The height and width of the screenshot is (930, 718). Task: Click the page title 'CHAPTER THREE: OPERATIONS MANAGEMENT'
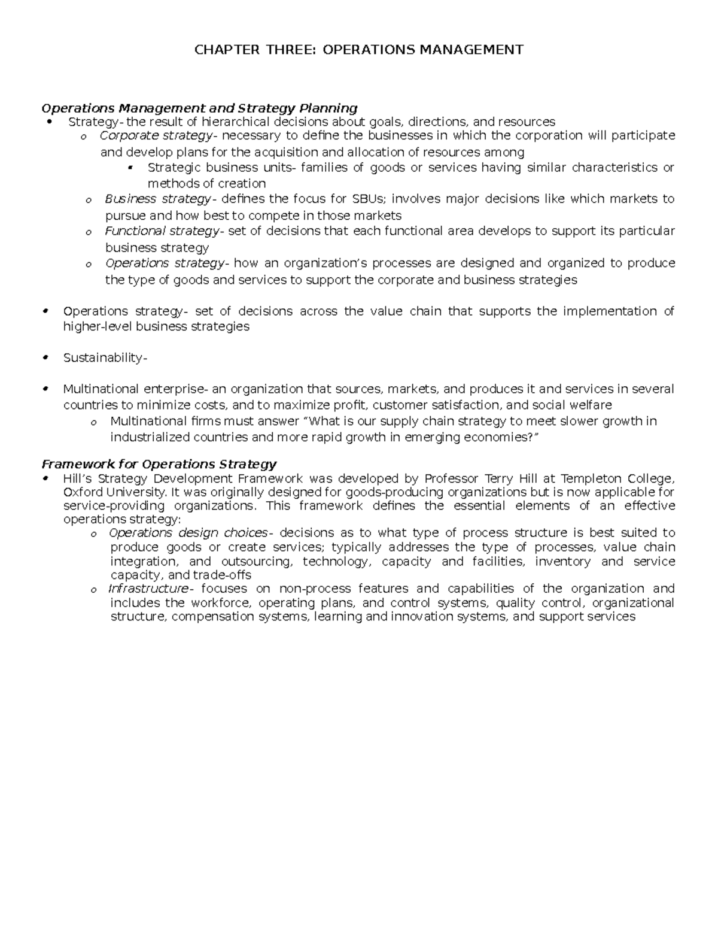pos(358,50)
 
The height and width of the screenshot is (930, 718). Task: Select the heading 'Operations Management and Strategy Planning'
pos(199,108)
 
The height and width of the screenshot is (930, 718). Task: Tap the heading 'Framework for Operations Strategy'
pos(159,464)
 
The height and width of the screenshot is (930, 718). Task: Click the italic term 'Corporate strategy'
pos(156,136)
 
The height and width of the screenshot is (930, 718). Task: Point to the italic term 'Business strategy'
pos(157,199)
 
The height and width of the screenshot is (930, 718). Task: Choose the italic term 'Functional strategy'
pos(162,231)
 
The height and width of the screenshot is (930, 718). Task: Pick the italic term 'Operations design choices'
pos(188,533)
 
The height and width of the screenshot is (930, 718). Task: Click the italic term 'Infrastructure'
pos(148,589)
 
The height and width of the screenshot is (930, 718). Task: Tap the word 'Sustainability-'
pos(105,358)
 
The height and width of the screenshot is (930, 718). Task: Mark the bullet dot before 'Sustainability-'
pos(46,358)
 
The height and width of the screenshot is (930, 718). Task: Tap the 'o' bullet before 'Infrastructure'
pos(93,590)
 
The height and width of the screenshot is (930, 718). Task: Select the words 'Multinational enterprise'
pos(133,389)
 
